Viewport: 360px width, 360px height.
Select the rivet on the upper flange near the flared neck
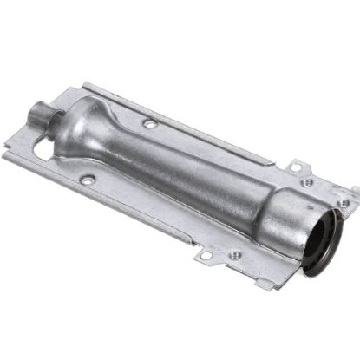[150, 125]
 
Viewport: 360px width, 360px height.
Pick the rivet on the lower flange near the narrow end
[87, 180]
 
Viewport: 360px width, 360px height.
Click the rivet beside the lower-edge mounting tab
[232, 255]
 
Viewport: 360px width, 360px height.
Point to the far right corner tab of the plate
[350, 191]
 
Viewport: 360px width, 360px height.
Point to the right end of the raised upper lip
[276, 162]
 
